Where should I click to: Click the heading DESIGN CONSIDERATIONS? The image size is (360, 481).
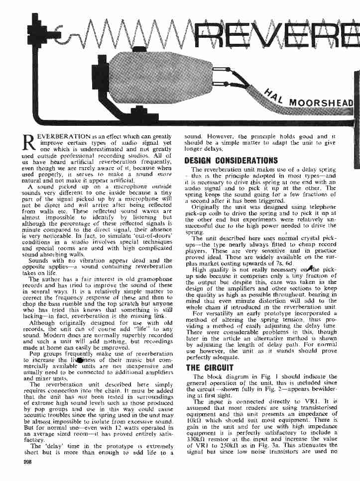pos(231,160)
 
